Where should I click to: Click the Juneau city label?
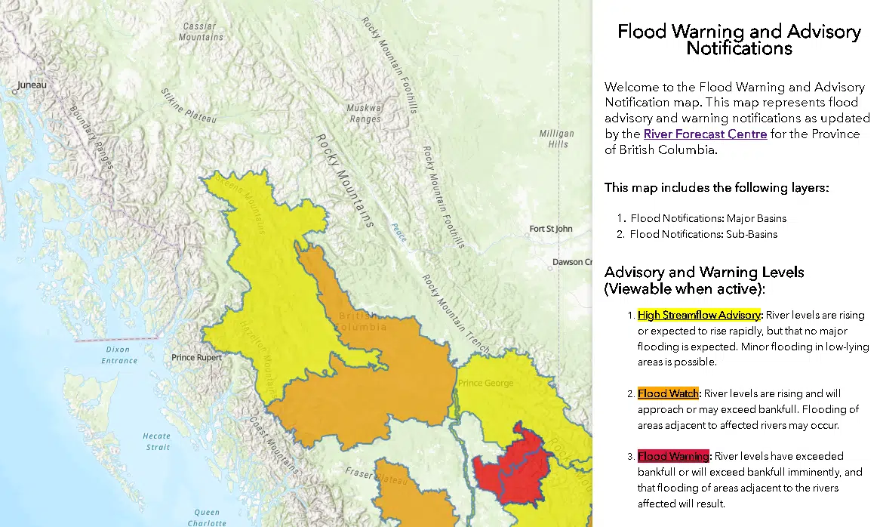coord(31,85)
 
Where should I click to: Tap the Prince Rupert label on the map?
coord(196,357)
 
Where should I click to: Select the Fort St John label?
coord(550,229)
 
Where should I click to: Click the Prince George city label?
coord(486,383)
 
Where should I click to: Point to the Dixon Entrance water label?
coord(119,355)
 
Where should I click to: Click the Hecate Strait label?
coord(158,442)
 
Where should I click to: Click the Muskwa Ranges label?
coord(364,113)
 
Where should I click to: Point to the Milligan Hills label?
coord(556,139)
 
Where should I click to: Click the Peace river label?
coord(398,232)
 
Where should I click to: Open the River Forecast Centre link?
coord(705,134)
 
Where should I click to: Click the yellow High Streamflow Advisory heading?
coord(700,315)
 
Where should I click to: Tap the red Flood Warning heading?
coord(673,456)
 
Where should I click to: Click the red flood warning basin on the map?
coord(512,468)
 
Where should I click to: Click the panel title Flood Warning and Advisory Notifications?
coord(738,40)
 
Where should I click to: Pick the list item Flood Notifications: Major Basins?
coord(708,218)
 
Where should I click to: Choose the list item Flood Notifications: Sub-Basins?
coord(703,234)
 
